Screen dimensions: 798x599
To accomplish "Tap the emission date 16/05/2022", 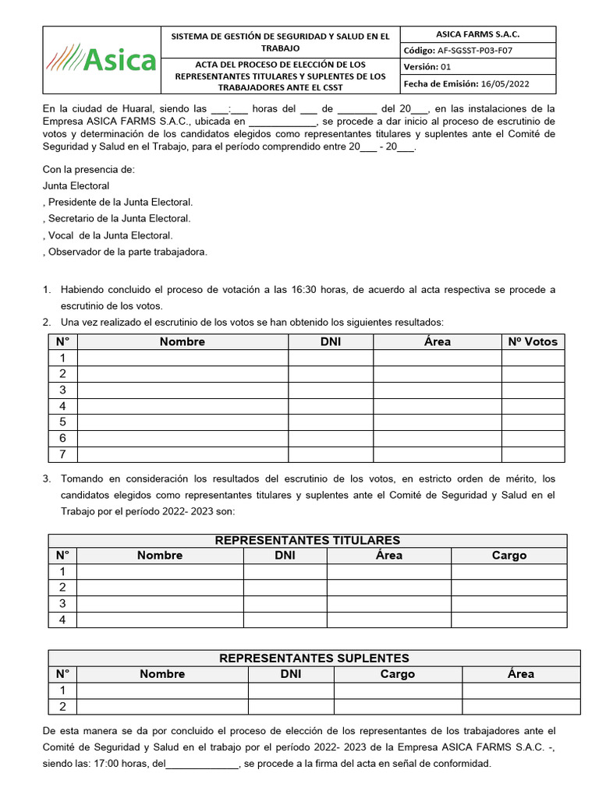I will (x=506, y=84).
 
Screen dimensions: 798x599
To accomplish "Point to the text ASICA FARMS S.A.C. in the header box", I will (x=477, y=34).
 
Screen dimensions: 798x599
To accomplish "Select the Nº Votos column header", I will (x=533, y=341).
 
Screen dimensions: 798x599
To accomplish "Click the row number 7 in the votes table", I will (x=62, y=454).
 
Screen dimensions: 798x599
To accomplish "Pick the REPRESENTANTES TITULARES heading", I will (x=307, y=540).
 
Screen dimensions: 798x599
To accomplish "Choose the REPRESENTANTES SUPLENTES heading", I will (x=314, y=659).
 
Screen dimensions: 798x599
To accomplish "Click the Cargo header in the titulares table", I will (x=509, y=556).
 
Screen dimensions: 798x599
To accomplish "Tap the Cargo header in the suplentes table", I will (x=398, y=674).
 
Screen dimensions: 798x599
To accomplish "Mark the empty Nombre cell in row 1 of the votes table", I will (x=183, y=358).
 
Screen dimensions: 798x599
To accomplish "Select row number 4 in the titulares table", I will (x=62, y=620).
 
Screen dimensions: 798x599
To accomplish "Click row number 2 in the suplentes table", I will (x=62, y=707).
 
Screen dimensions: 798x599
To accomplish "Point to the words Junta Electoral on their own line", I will (x=76, y=185).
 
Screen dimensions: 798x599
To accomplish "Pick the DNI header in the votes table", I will (x=331, y=341).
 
